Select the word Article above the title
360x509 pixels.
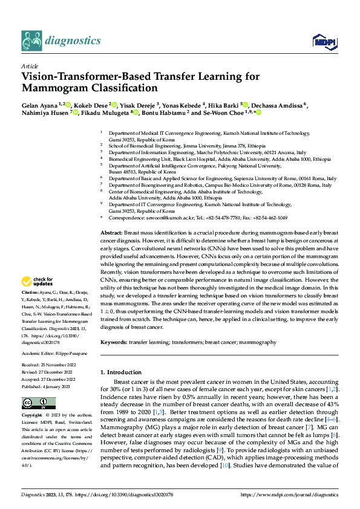[x=30, y=66]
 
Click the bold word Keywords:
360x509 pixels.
[x=113, y=342]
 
